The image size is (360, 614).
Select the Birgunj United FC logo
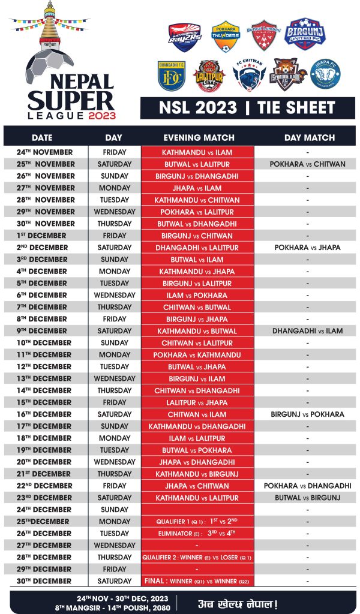pos(305,34)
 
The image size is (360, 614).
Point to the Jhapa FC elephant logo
pos(325,74)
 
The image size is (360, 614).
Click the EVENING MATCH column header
pos(198,138)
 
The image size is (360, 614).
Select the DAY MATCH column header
pos(310,138)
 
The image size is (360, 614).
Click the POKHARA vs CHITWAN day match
pos(307,164)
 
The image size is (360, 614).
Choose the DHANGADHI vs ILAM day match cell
pos(307,331)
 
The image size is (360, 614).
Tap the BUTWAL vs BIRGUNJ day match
pos(307,498)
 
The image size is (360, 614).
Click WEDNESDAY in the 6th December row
pos(115,295)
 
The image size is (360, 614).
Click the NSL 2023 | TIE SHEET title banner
pos(247,108)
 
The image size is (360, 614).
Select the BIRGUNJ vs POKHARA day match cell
pos(307,414)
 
